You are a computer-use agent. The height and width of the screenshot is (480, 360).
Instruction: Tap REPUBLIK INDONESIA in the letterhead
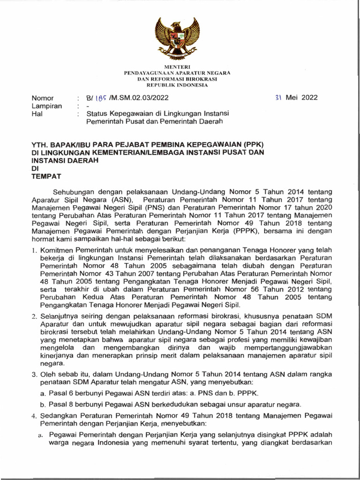[x=180, y=85]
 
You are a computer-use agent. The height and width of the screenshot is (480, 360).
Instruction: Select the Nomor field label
[x=42, y=98]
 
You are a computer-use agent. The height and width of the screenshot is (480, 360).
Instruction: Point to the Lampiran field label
[x=46, y=106]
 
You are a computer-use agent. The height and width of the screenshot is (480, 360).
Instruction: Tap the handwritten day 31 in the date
[x=278, y=97]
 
